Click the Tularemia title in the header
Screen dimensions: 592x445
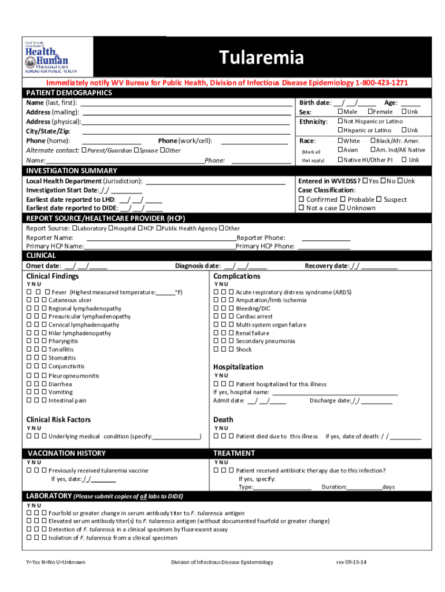coord(261,58)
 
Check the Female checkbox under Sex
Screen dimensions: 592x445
coord(370,112)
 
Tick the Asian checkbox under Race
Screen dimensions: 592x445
coord(340,150)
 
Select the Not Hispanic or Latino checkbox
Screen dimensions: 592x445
coord(340,121)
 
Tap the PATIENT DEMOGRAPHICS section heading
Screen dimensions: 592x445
coord(69,92)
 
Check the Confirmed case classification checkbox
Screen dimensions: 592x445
coord(301,199)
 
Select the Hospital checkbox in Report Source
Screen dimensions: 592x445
coord(110,228)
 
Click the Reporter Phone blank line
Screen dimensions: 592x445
coord(326,238)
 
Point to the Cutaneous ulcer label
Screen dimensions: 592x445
coord(70,301)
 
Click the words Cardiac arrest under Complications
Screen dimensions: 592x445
coord(254,317)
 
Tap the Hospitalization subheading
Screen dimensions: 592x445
coord(238,367)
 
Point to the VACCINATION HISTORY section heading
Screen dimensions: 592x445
coord(66,453)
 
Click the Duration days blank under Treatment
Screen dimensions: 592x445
coord(364,487)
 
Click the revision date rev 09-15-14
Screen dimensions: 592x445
coord(352,562)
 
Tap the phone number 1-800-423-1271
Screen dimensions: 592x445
coord(381,83)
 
